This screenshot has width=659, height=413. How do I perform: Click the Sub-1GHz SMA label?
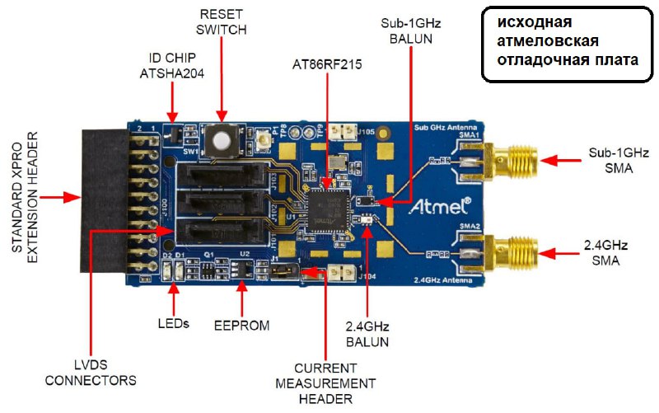[x=619, y=161]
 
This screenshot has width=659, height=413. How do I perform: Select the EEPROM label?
[x=242, y=325]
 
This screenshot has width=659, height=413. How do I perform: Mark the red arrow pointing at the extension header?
[x=59, y=197]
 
